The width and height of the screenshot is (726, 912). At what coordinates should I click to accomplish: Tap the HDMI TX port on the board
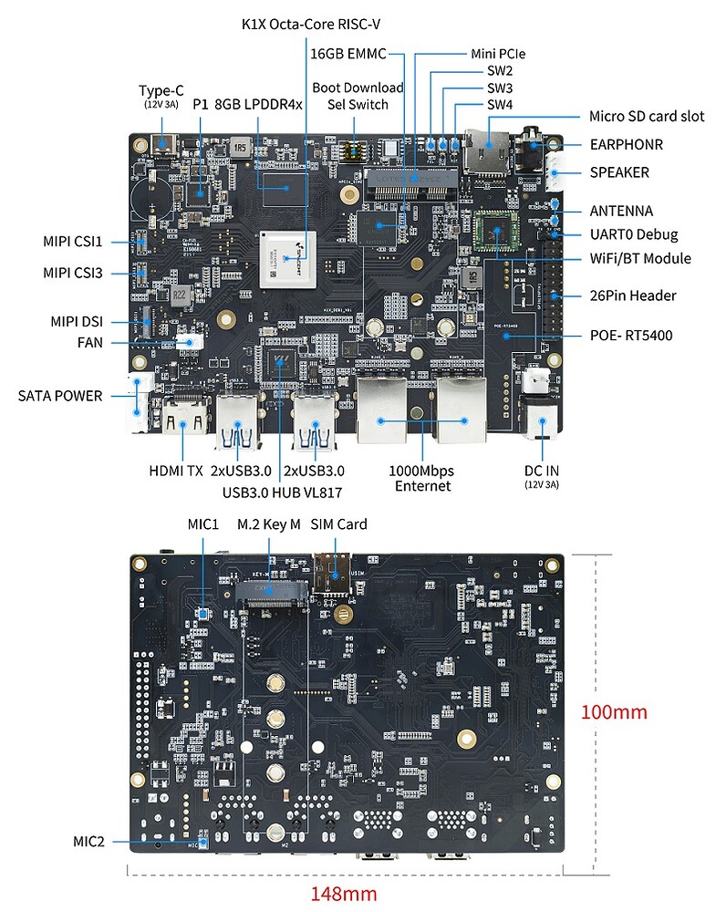coord(182,421)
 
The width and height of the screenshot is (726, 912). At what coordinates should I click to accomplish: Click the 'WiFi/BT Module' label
coord(639,258)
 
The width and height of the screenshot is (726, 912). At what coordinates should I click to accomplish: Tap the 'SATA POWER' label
coord(60,396)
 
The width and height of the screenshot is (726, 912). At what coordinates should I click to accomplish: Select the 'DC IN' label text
coord(541,471)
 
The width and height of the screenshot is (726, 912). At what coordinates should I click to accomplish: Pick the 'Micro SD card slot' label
coord(646,116)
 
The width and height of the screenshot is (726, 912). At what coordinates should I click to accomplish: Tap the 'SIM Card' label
coord(339,524)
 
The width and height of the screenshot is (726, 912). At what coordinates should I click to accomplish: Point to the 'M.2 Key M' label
coord(269,524)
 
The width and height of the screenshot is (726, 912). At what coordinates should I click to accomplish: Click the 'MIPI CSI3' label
coord(73,273)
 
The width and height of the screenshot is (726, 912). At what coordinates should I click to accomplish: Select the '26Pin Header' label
coord(633,295)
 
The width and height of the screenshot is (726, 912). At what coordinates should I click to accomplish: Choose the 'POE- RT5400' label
coord(631,336)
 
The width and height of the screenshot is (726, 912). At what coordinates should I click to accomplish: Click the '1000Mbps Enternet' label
coord(422,478)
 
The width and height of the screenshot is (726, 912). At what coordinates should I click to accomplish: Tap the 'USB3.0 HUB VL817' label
coord(278,492)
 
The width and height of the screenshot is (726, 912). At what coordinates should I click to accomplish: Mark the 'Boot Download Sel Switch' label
coord(358,96)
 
